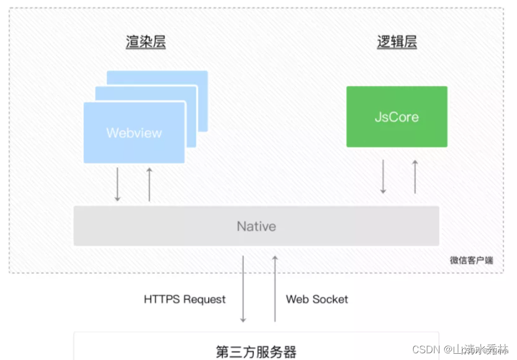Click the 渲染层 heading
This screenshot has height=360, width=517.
(x=145, y=43)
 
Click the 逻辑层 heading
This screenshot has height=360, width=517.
(x=396, y=43)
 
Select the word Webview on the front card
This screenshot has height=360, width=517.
(x=134, y=133)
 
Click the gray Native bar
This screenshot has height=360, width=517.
(x=168, y=226)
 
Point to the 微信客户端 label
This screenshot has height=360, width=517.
(x=471, y=260)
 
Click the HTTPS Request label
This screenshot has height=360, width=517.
(x=184, y=299)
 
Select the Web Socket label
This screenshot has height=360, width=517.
(x=317, y=299)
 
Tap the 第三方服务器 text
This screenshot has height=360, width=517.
(x=256, y=352)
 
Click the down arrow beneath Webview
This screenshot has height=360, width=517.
(x=117, y=184)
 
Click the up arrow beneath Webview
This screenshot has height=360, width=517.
(x=149, y=184)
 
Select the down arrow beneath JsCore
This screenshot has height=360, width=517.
(x=383, y=177)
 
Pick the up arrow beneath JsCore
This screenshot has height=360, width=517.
(x=415, y=177)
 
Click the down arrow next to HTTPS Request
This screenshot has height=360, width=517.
(x=243, y=289)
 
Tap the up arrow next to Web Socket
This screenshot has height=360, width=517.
(x=275, y=289)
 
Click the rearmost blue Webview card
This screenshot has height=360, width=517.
(x=202, y=79)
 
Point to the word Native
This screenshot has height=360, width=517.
(x=256, y=226)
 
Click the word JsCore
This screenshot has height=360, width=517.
(x=396, y=117)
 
